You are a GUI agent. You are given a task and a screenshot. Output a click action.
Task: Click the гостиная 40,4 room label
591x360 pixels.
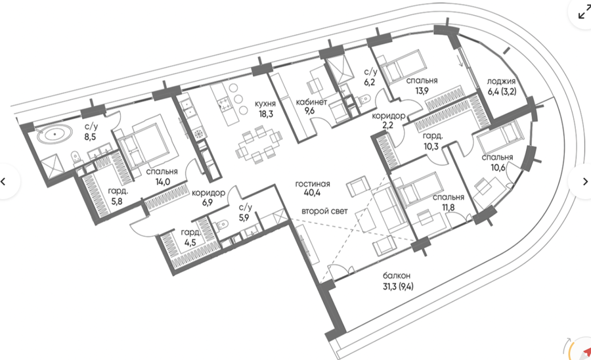tap(313, 189)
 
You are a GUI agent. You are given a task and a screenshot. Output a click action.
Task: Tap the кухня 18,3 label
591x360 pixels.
tap(265, 108)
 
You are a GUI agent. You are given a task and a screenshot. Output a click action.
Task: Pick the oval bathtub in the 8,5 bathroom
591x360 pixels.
tap(55, 134)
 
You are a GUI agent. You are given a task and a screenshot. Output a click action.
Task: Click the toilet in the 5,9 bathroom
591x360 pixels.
tap(222, 225)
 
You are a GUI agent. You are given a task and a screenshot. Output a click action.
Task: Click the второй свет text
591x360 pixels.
tap(324, 211)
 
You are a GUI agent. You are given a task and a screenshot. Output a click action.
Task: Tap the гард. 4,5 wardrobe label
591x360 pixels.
tap(190, 238)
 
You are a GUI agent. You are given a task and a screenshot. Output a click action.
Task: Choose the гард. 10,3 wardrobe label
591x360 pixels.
tap(432, 141)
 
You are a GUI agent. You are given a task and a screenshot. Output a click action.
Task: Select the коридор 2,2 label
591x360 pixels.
tap(388, 121)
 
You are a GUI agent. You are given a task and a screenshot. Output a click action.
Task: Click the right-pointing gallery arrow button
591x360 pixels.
tap(584, 181)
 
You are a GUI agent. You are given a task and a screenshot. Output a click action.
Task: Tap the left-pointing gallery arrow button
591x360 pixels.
tap(4, 181)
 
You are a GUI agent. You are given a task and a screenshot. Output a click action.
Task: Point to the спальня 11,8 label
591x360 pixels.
tap(449, 202)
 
